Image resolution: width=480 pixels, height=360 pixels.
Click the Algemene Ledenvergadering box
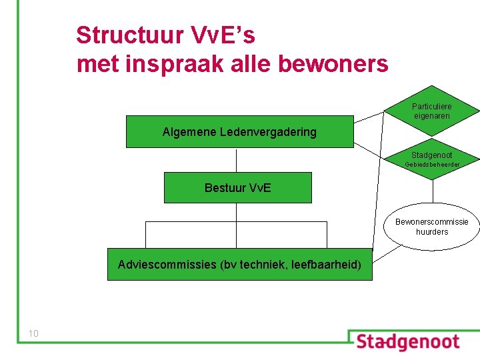click(239, 131)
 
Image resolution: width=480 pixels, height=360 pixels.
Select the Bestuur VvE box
click(237, 187)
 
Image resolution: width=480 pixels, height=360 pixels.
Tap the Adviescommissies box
click(239, 265)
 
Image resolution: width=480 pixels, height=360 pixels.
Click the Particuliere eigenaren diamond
click(432, 111)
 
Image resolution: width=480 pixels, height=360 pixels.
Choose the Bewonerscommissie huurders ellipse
click(432, 227)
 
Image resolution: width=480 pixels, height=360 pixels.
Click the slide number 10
click(33, 333)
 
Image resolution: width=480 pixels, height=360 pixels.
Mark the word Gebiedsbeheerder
click(433, 164)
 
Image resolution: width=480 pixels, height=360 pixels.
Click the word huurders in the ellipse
click(432, 232)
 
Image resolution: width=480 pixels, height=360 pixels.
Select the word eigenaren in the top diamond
click(431, 116)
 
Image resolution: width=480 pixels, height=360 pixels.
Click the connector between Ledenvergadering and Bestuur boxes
click(237, 160)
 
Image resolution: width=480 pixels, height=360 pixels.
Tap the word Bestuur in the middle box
click(225, 187)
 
